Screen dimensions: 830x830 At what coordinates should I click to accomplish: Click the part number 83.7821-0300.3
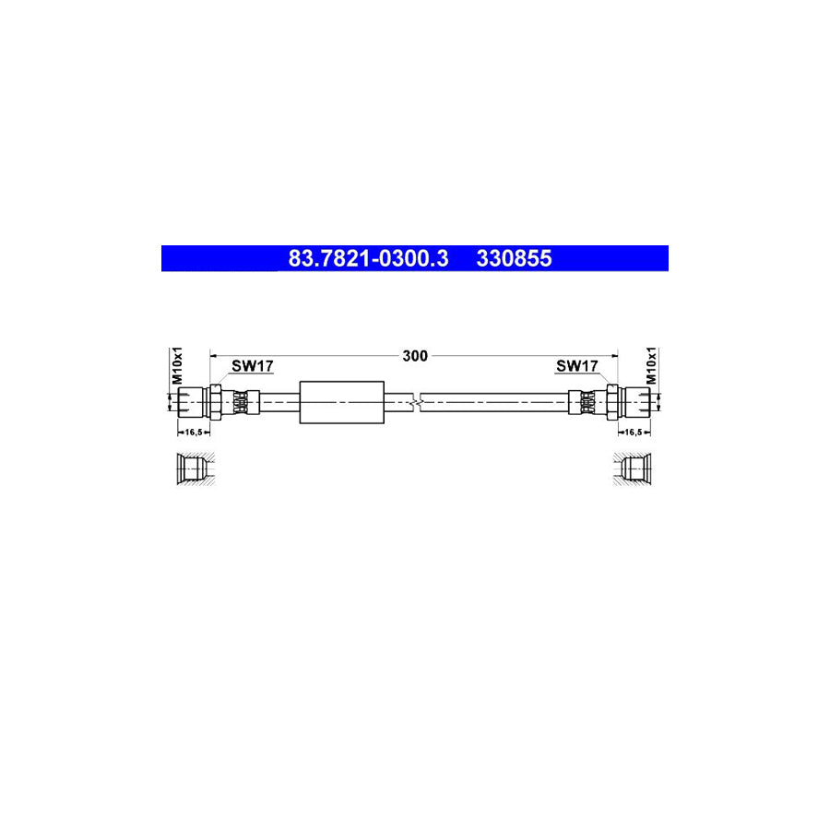(368, 259)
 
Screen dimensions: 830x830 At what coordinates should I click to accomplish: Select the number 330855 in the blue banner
(514, 259)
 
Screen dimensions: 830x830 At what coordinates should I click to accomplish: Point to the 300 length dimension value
(415, 355)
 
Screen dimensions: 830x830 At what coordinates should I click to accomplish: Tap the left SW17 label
(252, 366)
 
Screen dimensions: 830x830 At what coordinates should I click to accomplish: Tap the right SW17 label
(576, 366)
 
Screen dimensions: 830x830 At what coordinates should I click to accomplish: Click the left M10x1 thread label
(179, 366)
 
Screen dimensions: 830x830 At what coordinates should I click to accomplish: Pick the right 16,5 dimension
(634, 431)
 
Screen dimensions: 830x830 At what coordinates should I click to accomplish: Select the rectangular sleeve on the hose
(341, 402)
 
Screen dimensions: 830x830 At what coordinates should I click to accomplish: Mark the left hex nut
(215, 402)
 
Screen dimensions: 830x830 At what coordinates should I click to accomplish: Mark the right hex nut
(612, 402)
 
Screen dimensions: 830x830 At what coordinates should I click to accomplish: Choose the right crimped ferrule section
(587, 402)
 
